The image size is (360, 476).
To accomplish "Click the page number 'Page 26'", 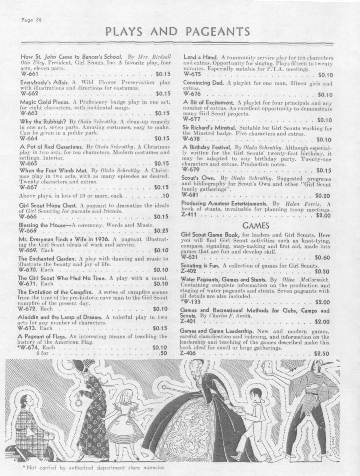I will click(x=31, y=20).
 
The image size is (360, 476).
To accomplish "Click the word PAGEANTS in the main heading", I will click(x=217, y=32).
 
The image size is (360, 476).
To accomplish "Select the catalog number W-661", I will click(x=29, y=74).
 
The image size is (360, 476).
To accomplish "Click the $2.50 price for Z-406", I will click(x=322, y=353).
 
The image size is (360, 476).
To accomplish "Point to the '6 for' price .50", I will click(x=163, y=353).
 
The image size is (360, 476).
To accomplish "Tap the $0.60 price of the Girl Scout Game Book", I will click(x=322, y=257).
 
